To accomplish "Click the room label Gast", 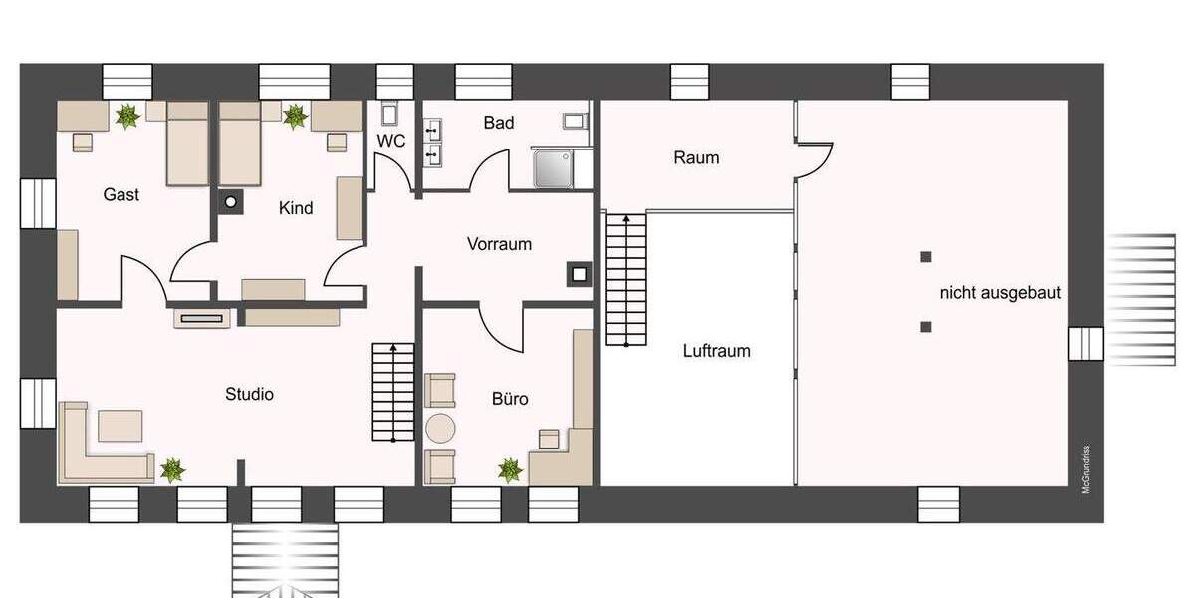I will [x=121, y=195].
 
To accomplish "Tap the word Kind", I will [x=296, y=208].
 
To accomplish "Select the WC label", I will [x=391, y=142].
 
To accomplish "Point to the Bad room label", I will [x=499, y=123].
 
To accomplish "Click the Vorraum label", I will [x=499, y=244].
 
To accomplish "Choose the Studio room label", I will [x=249, y=394].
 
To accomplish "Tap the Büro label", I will [x=510, y=399].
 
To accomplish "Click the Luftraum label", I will [x=717, y=351].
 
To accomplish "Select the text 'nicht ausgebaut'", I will [x=1000, y=293].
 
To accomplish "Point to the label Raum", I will [x=696, y=157].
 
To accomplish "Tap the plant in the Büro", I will [x=511, y=469].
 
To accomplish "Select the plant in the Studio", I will [x=173, y=469].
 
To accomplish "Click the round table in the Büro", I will [x=440, y=429].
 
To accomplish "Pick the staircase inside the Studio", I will [x=394, y=392].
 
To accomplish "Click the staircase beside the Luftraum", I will [x=625, y=279].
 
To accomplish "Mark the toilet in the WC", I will [x=390, y=112].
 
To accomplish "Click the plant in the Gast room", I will [x=127, y=117].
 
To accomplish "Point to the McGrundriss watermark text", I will [x=1086, y=467].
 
